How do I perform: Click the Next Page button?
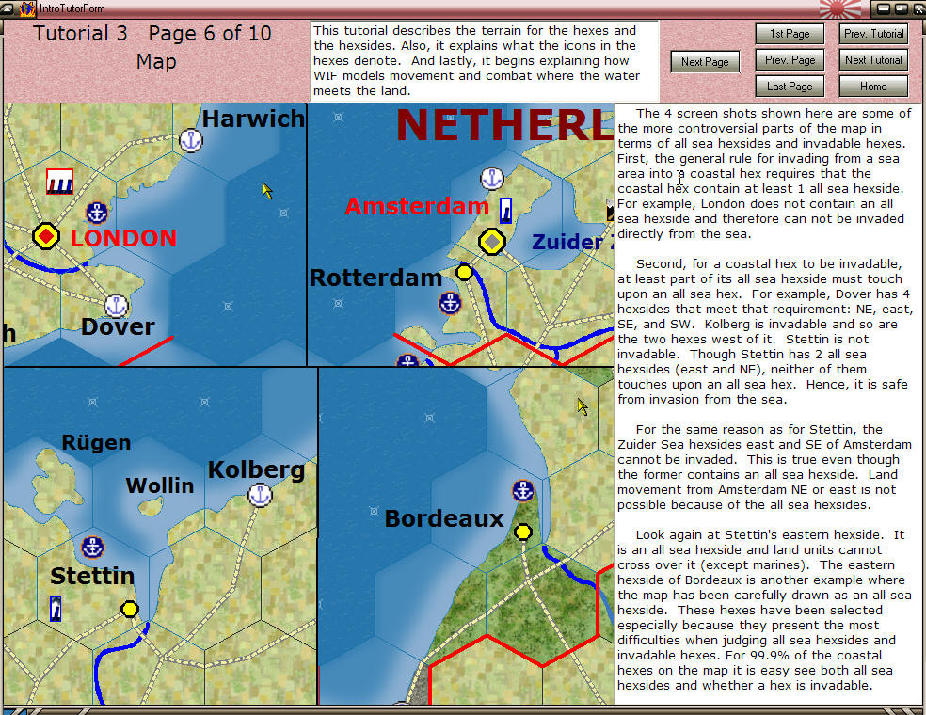click(x=705, y=62)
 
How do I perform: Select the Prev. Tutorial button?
click(x=873, y=34)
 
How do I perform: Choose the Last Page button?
click(x=790, y=87)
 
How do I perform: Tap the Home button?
click(x=873, y=87)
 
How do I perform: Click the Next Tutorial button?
click(x=873, y=60)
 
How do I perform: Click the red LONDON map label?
click(x=123, y=238)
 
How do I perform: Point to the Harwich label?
click(x=253, y=119)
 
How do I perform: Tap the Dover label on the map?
click(x=118, y=326)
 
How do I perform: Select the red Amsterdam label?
click(x=417, y=206)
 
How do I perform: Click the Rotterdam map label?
click(x=375, y=278)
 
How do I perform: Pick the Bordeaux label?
click(x=444, y=517)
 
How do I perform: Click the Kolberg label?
click(x=256, y=469)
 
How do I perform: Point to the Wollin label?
click(x=160, y=485)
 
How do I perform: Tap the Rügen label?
click(x=96, y=442)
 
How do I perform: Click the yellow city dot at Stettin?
click(x=130, y=610)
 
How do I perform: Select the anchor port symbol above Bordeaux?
click(x=523, y=490)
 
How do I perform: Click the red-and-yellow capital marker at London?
click(x=46, y=235)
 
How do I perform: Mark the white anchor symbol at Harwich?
click(x=191, y=141)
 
